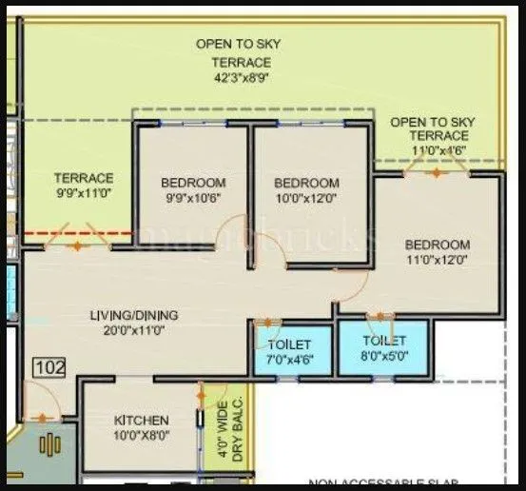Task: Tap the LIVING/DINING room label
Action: [x=134, y=315]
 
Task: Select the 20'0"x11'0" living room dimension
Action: [x=134, y=331]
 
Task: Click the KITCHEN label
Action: [x=141, y=420]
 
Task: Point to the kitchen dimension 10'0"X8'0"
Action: [x=141, y=436]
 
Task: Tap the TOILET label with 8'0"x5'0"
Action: [x=383, y=340]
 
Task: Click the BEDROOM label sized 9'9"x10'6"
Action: [x=193, y=183]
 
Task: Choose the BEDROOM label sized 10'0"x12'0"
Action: [x=306, y=183]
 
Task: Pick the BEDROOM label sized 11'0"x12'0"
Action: [x=437, y=245]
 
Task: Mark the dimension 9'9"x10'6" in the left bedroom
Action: [x=193, y=198]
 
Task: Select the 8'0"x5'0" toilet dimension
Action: [x=383, y=356]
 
